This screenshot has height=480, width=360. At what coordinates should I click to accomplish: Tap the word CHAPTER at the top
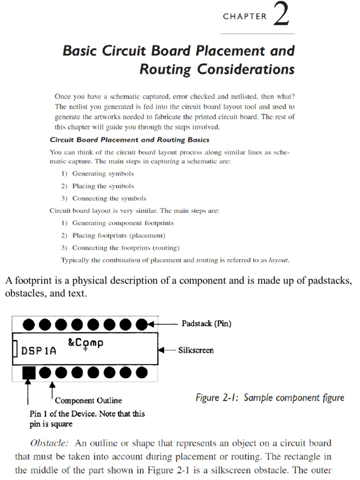pos(245,16)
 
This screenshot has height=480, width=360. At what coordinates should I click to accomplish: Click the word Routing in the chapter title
pos(165,69)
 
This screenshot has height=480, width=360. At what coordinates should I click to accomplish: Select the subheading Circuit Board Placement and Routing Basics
pos(129,140)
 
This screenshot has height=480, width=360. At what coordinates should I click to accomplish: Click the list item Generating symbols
pos(103,174)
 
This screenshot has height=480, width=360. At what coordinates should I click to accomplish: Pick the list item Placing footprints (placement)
pos(119,235)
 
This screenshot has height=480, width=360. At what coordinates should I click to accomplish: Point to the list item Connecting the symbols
pos(109,198)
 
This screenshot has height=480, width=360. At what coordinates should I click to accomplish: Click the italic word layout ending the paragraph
pos(278,260)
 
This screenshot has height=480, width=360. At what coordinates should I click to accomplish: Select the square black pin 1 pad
pos(29,373)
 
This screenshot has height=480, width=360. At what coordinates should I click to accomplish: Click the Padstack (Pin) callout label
pos(206,324)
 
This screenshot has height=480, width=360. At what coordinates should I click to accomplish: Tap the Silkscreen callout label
pos(196,350)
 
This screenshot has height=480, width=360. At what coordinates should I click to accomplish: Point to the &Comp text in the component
pos(85,343)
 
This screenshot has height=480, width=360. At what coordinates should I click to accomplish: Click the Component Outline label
pos(88,401)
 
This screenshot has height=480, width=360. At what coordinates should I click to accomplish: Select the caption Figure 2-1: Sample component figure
pos(270,398)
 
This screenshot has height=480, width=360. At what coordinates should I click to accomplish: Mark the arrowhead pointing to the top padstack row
pos(151,323)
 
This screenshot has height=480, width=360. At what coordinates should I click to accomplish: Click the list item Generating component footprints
pos(123,223)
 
